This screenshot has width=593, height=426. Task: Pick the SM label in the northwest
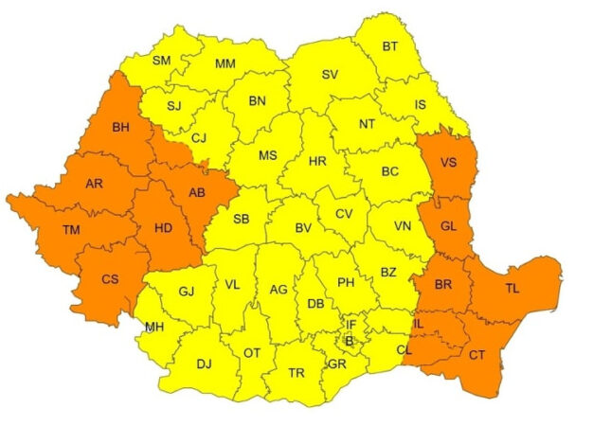pos(161,61)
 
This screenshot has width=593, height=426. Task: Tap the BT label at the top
pos(390,45)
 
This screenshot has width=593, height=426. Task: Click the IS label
pos(421,103)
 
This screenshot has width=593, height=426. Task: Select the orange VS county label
pos(449,162)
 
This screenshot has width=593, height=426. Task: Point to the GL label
pos(449,224)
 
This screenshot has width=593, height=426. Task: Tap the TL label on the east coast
pos(512,287)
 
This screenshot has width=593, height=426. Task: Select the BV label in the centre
pos(303,228)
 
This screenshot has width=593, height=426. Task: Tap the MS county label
pos(268,155)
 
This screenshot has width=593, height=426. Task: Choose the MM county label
pos(225,63)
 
